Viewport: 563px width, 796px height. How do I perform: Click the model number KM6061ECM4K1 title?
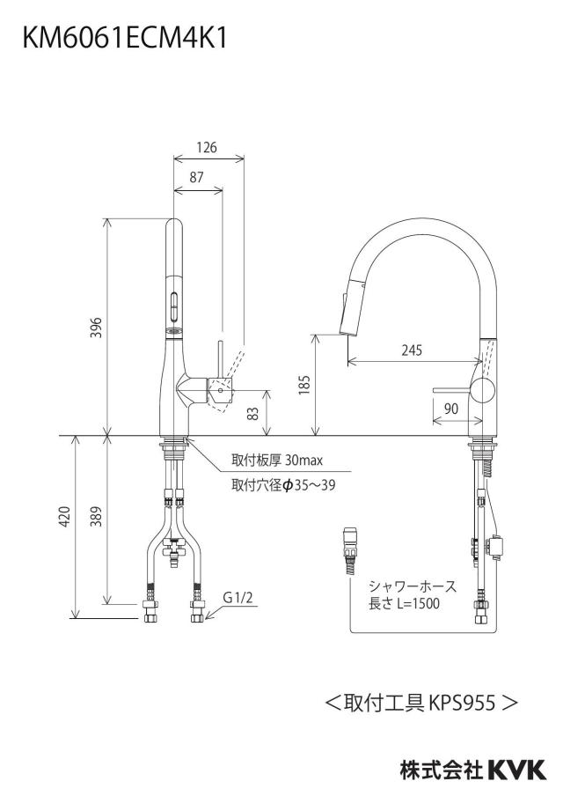tap(125, 38)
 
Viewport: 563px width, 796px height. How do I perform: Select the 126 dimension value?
tap(207, 147)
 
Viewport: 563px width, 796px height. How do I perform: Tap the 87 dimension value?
tap(196, 177)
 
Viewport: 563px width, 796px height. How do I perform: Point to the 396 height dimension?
tap(97, 328)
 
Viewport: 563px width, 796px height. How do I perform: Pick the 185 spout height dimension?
tap(303, 385)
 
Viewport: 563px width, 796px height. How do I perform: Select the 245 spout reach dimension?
tap(412, 350)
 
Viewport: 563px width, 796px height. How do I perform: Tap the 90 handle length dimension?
tap(451, 409)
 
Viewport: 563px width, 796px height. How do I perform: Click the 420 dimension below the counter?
tap(65, 516)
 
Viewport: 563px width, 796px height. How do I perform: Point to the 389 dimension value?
tap(97, 516)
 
